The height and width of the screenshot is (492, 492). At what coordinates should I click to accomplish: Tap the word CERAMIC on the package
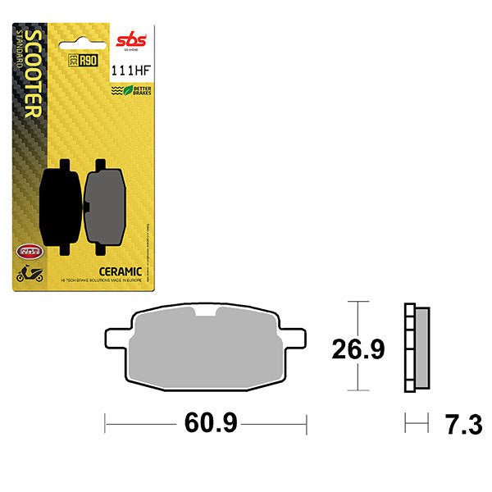pyautogui.click(x=122, y=271)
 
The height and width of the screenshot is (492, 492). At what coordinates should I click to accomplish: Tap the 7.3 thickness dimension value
pyautogui.click(x=460, y=425)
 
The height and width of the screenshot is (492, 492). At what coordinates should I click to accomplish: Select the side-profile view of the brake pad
pyautogui.click(x=417, y=348)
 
